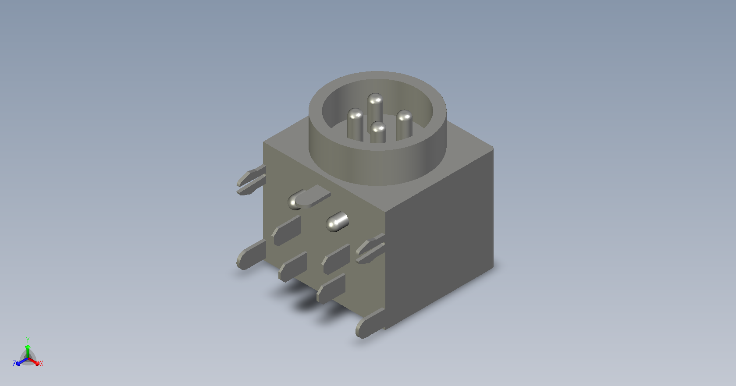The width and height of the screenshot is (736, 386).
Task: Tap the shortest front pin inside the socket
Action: (x=378, y=132)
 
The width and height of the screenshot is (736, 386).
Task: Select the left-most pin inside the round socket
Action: (x=355, y=125)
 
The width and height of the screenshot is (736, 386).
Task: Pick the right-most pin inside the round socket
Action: (x=404, y=125)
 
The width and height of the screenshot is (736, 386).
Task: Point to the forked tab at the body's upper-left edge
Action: (x=251, y=180)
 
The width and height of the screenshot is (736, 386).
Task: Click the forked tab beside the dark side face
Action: (x=370, y=248)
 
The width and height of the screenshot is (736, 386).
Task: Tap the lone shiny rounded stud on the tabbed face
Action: (x=337, y=222)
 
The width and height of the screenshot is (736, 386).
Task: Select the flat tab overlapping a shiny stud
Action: (x=313, y=196)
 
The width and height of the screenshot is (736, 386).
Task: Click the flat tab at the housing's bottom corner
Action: (x=370, y=323)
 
